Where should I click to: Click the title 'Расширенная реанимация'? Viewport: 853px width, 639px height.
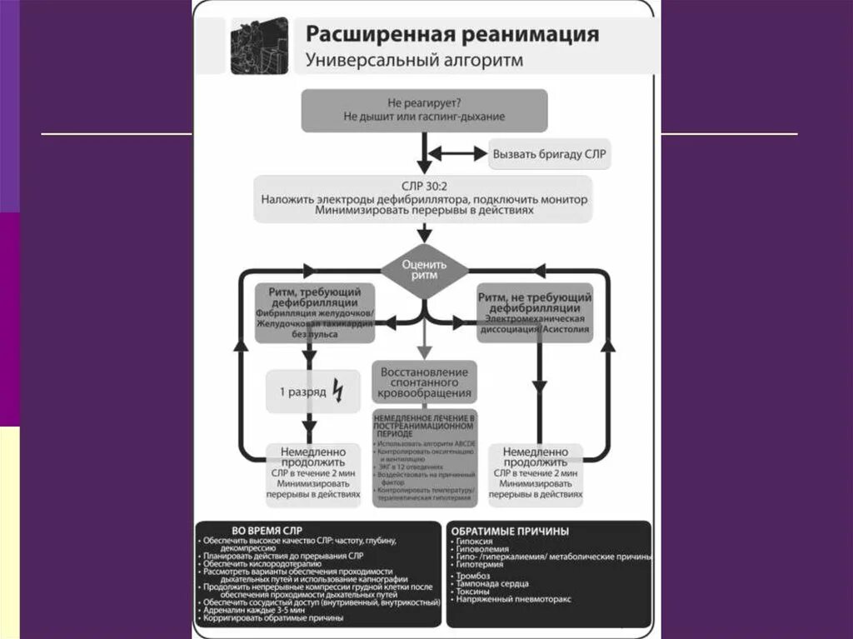tap(451, 34)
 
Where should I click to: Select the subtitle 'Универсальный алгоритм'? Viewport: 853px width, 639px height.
tap(414, 60)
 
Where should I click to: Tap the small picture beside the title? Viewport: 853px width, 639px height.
tap(259, 47)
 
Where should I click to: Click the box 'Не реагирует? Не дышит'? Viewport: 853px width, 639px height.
tap(424, 110)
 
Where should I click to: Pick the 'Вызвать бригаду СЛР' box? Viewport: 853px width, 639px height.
tap(550, 154)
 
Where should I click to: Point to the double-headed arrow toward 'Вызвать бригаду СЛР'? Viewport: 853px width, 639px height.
tap(456, 153)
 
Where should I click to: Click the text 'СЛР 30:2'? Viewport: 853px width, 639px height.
tap(424, 187)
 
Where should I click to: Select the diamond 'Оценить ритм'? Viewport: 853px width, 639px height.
tap(424, 269)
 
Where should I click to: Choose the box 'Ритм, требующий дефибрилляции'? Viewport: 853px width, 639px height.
tap(314, 312)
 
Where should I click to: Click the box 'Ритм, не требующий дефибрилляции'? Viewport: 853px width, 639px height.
tap(535, 312)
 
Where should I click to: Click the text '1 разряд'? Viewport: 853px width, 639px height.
tap(302, 391)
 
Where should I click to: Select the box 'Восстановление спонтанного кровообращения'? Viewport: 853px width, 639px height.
tap(424, 382)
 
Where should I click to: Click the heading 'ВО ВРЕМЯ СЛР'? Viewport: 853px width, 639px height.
tap(267, 531)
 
